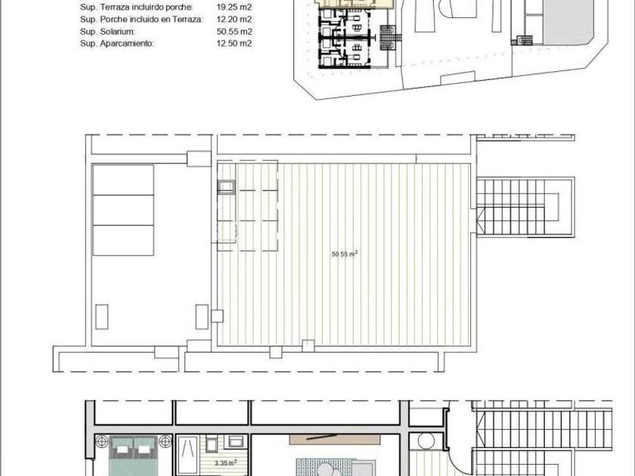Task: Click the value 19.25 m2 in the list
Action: point(234,8)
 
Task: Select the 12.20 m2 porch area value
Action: point(234,20)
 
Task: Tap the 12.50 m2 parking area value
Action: point(234,44)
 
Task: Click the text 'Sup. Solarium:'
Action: point(107,32)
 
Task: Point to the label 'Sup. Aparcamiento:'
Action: point(117,44)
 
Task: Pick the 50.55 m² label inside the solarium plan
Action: point(345,254)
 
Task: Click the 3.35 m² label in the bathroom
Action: point(225,462)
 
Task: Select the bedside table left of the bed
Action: point(101,441)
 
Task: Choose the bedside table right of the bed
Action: point(165,441)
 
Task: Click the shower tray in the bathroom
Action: point(188,456)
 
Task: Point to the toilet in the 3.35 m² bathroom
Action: point(211,444)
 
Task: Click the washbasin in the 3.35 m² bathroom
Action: point(236,441)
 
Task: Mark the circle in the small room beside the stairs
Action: point(426,440)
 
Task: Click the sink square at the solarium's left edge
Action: point(226,187)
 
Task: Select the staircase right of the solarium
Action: point(525,207)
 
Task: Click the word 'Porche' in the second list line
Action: point(116,20)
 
